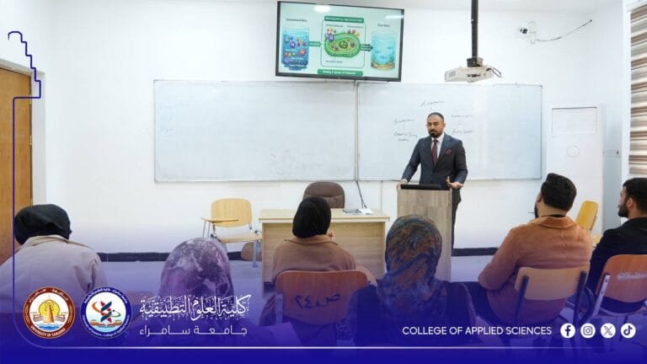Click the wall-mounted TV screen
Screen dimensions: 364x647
pos(339,40)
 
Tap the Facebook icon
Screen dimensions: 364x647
pos(568,330)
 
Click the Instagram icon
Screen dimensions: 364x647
pos(588,330)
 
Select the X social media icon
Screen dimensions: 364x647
pos(608,330)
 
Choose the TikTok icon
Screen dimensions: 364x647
pos(628,330)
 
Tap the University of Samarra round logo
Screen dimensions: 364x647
pos(49,312)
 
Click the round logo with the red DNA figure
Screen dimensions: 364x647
pos(106,313)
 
